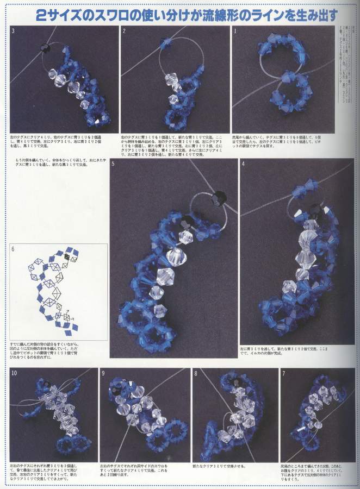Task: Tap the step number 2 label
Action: pos(124,31)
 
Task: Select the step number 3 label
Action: pos(13,31)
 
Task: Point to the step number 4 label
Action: pos(243,164)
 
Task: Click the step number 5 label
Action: pos(113,164)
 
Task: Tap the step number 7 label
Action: pos(283,373)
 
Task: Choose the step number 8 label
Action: pos(195,373)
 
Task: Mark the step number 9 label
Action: pos(103,373)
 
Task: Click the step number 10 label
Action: pos(14,373)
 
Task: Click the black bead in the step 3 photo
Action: pos(45,48)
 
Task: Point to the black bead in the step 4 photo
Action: pos(314,208)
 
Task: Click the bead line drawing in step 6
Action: pos(54,288)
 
